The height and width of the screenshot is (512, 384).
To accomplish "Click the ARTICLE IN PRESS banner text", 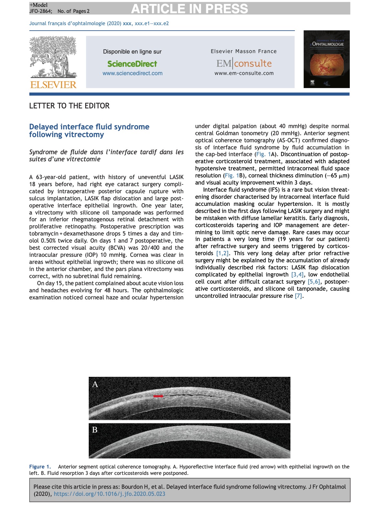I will coord(189,9).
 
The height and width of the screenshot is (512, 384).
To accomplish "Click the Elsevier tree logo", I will coord(53,57).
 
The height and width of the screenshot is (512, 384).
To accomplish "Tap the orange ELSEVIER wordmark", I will coord(53,85).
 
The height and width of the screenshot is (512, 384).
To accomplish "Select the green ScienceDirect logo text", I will coord(132,64).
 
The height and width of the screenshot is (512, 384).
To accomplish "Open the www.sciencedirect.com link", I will coord(132,73).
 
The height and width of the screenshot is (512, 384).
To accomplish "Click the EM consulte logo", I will coord(244,64).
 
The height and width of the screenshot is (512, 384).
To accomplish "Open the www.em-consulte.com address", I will coord(244,73).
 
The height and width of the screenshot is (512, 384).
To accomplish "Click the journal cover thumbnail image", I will coord(327,59).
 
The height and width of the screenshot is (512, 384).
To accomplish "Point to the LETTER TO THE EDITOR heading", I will coord(69,106).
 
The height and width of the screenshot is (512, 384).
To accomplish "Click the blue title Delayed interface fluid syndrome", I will coord(89,131).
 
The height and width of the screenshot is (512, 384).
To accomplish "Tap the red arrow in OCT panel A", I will coord(158,396).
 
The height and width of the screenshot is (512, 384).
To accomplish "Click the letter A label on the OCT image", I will coord(95,384).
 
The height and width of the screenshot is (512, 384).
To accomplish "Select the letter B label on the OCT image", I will coord(95,430).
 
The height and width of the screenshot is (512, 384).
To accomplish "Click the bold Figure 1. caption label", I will coord(40,467).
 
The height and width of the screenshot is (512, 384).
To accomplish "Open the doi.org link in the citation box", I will coord(109,494).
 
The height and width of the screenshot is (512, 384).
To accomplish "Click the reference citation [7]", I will coord(298,296).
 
